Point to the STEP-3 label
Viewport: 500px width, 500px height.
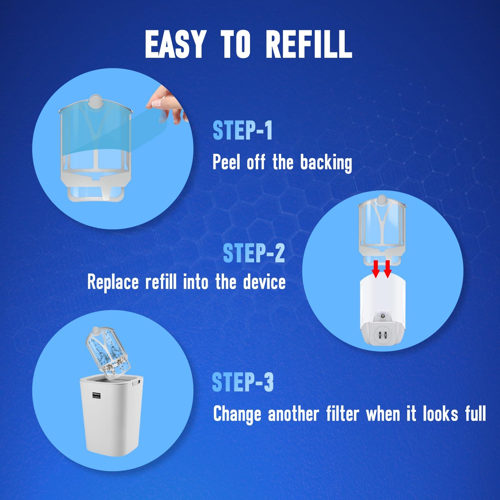point(242,382)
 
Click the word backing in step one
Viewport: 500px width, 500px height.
point(326,162)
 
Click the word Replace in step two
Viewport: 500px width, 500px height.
point(113,282)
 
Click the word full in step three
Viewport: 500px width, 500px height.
point(475,414)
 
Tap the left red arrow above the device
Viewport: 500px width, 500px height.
point(376,269)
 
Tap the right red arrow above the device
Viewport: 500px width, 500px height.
point(388,269)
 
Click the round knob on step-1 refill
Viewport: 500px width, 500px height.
point(96,102)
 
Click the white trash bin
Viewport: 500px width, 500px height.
point(112,419)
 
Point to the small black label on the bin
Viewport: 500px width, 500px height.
point(96,395)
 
